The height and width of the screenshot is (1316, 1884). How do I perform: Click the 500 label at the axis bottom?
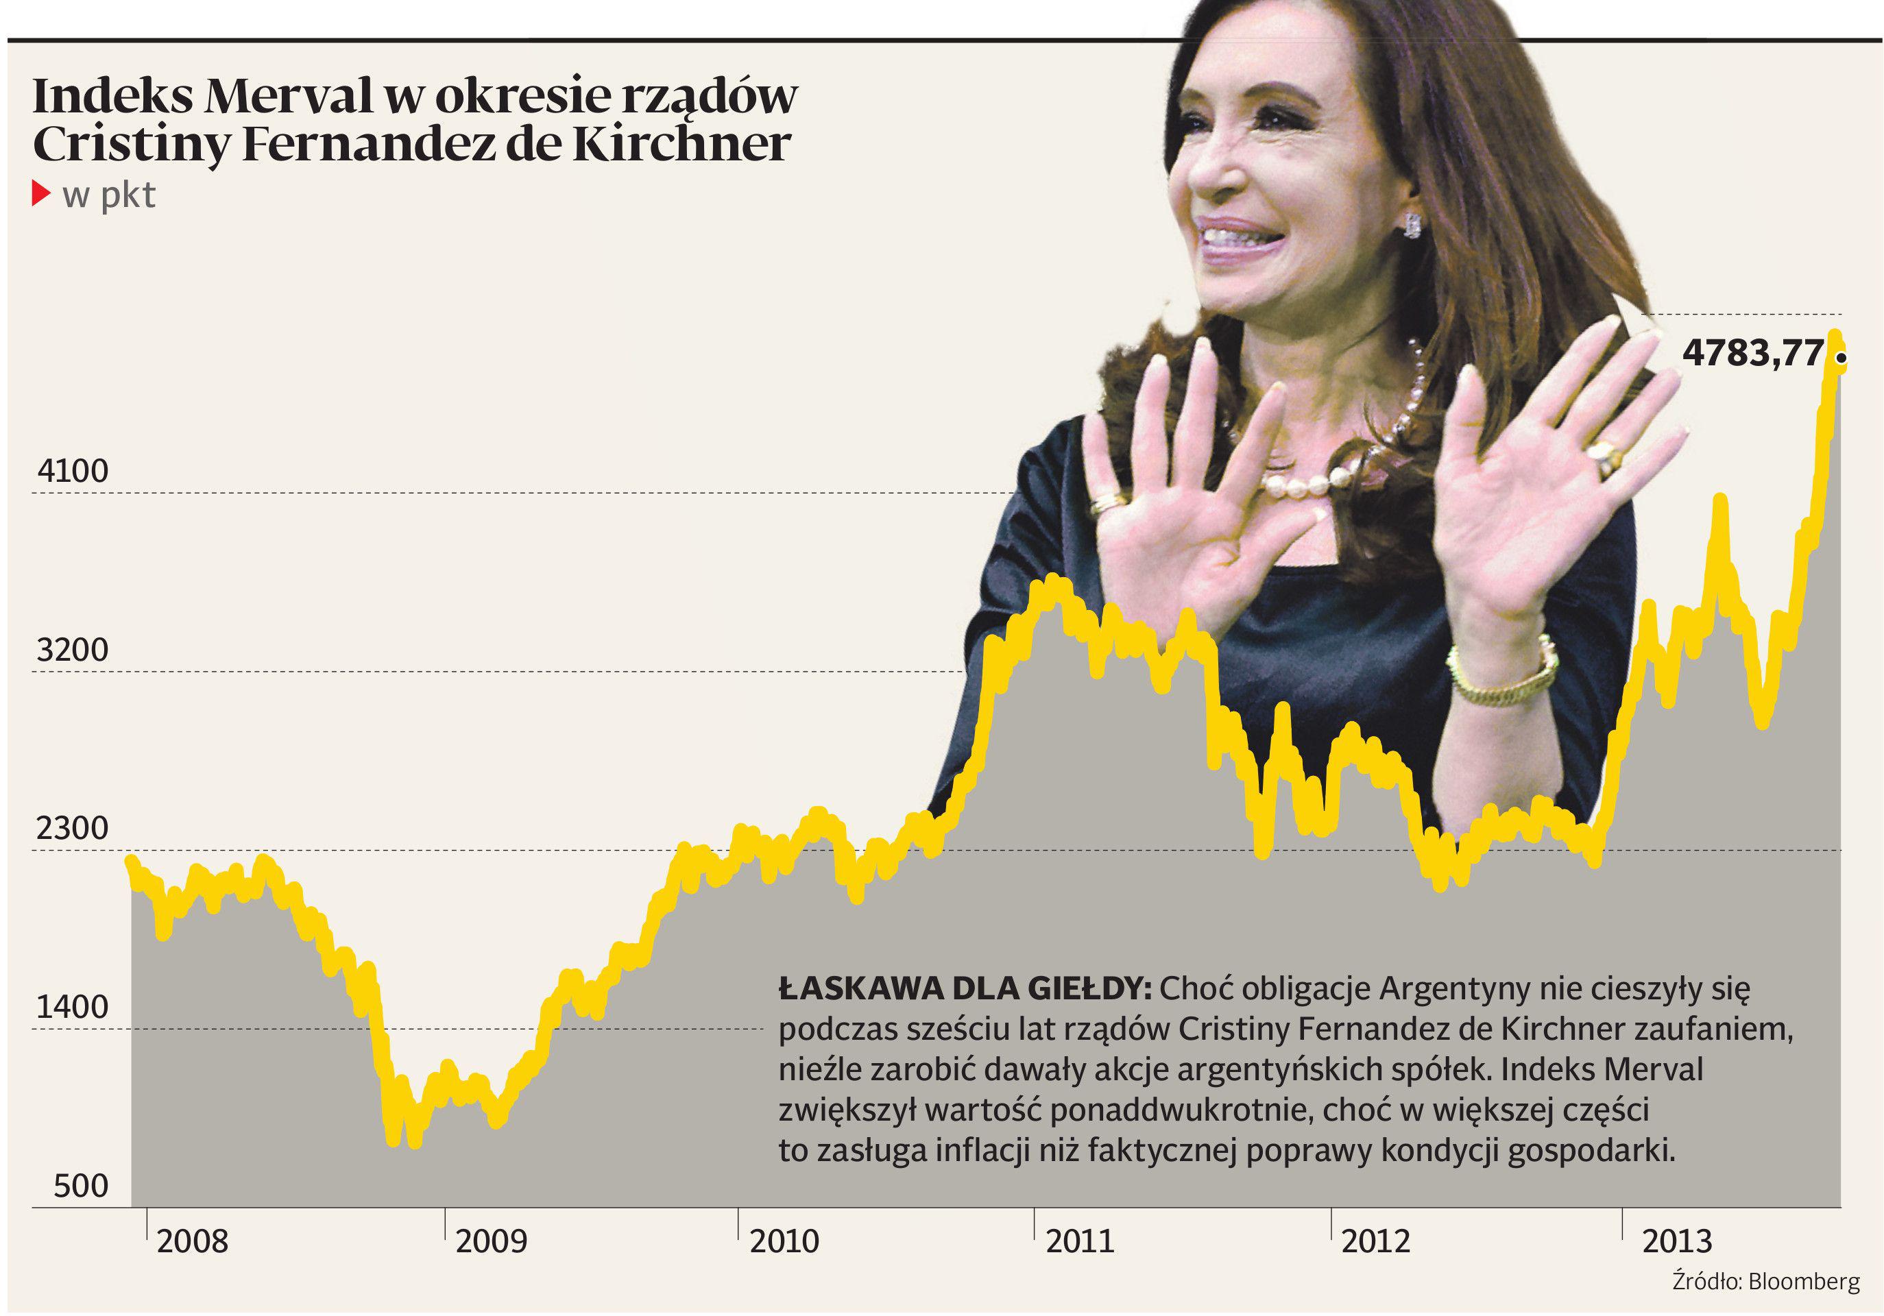coord(80,1186)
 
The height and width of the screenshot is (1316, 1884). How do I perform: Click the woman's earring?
coord(1412,224)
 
